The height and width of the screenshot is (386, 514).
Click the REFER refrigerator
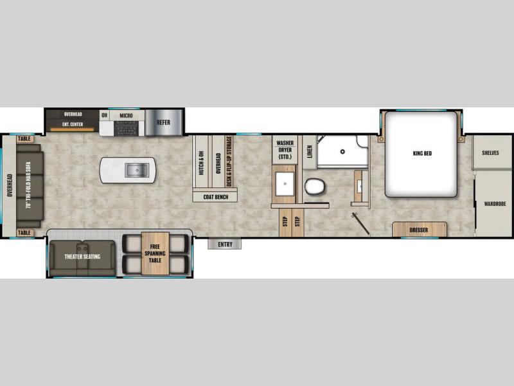163,122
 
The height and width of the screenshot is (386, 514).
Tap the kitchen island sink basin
137,170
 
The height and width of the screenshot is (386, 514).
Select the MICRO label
126,116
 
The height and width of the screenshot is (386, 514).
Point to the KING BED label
422,153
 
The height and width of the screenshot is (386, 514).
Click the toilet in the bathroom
315,187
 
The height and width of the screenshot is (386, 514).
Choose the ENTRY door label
225,244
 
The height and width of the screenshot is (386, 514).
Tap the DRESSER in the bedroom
420,230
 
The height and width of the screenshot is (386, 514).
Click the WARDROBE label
495,204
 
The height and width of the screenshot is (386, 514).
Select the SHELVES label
490,152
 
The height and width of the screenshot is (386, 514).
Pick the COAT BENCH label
216,197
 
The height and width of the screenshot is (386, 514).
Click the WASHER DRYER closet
285,150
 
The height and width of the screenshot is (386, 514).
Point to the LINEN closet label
310,152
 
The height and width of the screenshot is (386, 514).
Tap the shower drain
342,152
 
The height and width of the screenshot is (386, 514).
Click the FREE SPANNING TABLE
155,253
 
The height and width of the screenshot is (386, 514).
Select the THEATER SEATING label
82,257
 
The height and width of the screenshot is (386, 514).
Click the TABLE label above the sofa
24,139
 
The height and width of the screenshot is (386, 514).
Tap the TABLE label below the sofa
24,233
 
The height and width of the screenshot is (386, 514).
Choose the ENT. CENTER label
73,124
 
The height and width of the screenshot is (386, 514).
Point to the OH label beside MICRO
104,115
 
